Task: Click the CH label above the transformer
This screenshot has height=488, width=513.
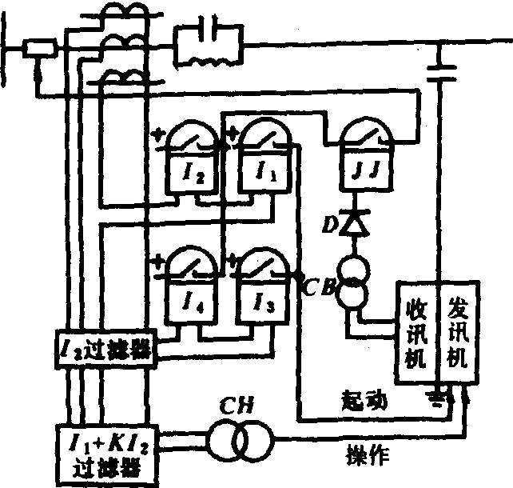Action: click(x=239, y=406)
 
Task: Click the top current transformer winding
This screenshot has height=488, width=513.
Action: click(x=126, y=15)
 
